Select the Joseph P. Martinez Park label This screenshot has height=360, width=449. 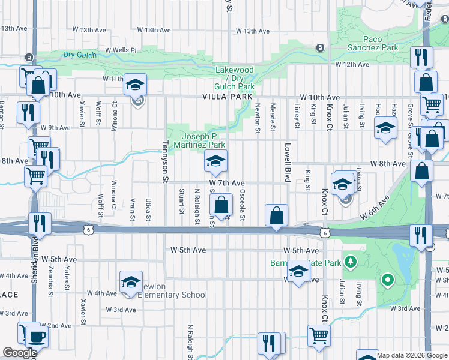203,140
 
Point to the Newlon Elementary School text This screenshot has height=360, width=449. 172,295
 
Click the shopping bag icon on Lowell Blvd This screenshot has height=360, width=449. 276,216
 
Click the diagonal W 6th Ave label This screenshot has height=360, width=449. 379,210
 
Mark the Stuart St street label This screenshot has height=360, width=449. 181,202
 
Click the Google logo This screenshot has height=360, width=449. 20,353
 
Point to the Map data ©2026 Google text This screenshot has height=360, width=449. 412,355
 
